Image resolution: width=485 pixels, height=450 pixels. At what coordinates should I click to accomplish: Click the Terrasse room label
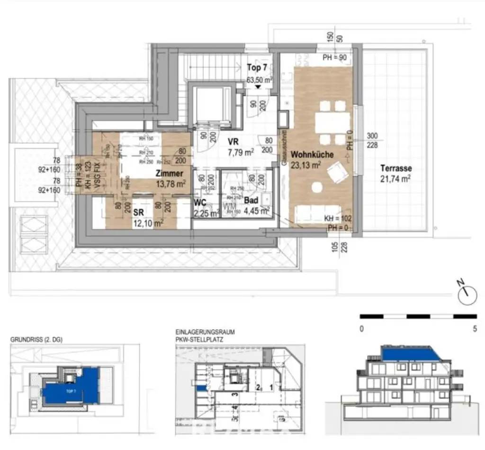395,168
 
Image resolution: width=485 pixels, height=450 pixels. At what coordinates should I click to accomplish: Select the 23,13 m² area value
306,165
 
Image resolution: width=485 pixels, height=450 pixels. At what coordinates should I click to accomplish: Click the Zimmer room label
170,174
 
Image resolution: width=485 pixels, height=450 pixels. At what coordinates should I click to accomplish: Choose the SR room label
138,212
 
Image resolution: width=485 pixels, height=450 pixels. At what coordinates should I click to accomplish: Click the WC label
200,203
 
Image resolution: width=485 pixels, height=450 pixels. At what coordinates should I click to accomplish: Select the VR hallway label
233,141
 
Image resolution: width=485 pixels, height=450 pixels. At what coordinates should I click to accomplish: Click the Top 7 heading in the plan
257,68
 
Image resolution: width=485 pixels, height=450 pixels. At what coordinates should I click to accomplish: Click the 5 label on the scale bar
475,330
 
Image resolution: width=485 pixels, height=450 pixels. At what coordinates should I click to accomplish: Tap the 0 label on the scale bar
362,330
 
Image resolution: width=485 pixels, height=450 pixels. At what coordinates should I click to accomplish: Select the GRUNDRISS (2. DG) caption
36,339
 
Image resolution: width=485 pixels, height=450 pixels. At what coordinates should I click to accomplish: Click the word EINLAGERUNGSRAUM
205,332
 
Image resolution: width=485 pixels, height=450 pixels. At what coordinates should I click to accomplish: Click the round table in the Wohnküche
316,188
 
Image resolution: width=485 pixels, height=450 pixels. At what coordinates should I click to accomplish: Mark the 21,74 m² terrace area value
395,178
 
